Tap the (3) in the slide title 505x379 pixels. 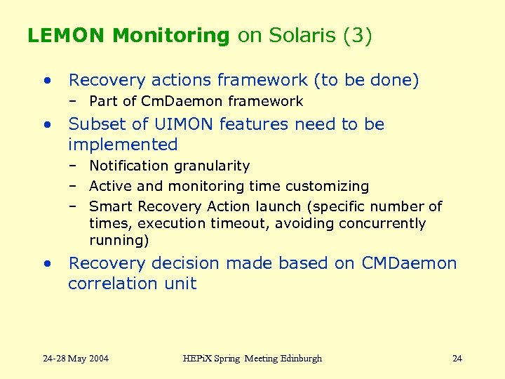(357, 36)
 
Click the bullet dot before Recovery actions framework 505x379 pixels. (46, 81)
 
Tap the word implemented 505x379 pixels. (123, 145)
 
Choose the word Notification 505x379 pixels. (130, 166)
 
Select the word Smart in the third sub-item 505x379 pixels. (111, 207)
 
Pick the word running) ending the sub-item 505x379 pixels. (119, 241)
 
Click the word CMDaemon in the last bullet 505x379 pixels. (409, 264)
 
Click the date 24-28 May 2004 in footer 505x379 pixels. (76, 359)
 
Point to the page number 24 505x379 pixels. (457, 359)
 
